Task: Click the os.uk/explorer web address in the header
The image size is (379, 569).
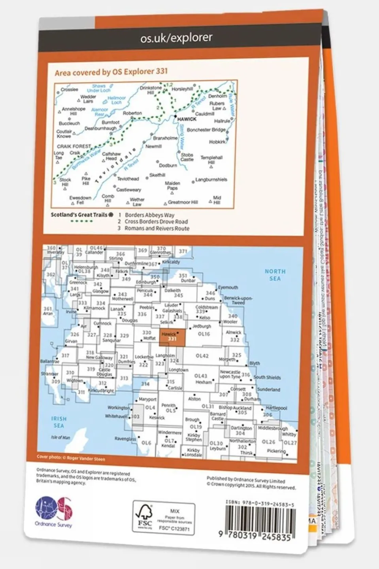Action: click(x=176, y=38)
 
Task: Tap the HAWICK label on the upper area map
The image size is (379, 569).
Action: click(x=187, y=119)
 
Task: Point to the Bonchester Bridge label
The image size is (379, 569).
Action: click(x=206, y=130)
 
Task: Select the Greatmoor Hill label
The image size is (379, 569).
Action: click(x=183, y=202)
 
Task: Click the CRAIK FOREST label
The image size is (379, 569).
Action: click(x=74, y=146)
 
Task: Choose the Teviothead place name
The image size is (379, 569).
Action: click(x=128, y=179)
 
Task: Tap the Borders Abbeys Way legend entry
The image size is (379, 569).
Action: click(x=149, y=215)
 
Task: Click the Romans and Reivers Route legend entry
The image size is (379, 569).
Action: click(x=157, y=229)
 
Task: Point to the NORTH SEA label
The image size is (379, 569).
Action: click(x=275, y=275)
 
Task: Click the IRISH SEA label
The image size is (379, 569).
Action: click(x=58, y=422)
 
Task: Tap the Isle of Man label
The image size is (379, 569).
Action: click(x=60, y=437)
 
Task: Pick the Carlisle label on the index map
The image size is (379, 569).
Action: click(x=175, y=388)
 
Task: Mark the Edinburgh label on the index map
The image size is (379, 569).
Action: click(x=146, y=282)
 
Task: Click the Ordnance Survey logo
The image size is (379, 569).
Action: click(x=54, y=511)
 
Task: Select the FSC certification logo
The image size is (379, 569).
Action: click(x=144, y=517)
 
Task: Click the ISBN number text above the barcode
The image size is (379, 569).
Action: click(x=260, y=502)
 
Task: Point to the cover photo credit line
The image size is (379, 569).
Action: click(x=71, y=457)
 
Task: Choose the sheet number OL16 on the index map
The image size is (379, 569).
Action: click(x=204, y=334)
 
